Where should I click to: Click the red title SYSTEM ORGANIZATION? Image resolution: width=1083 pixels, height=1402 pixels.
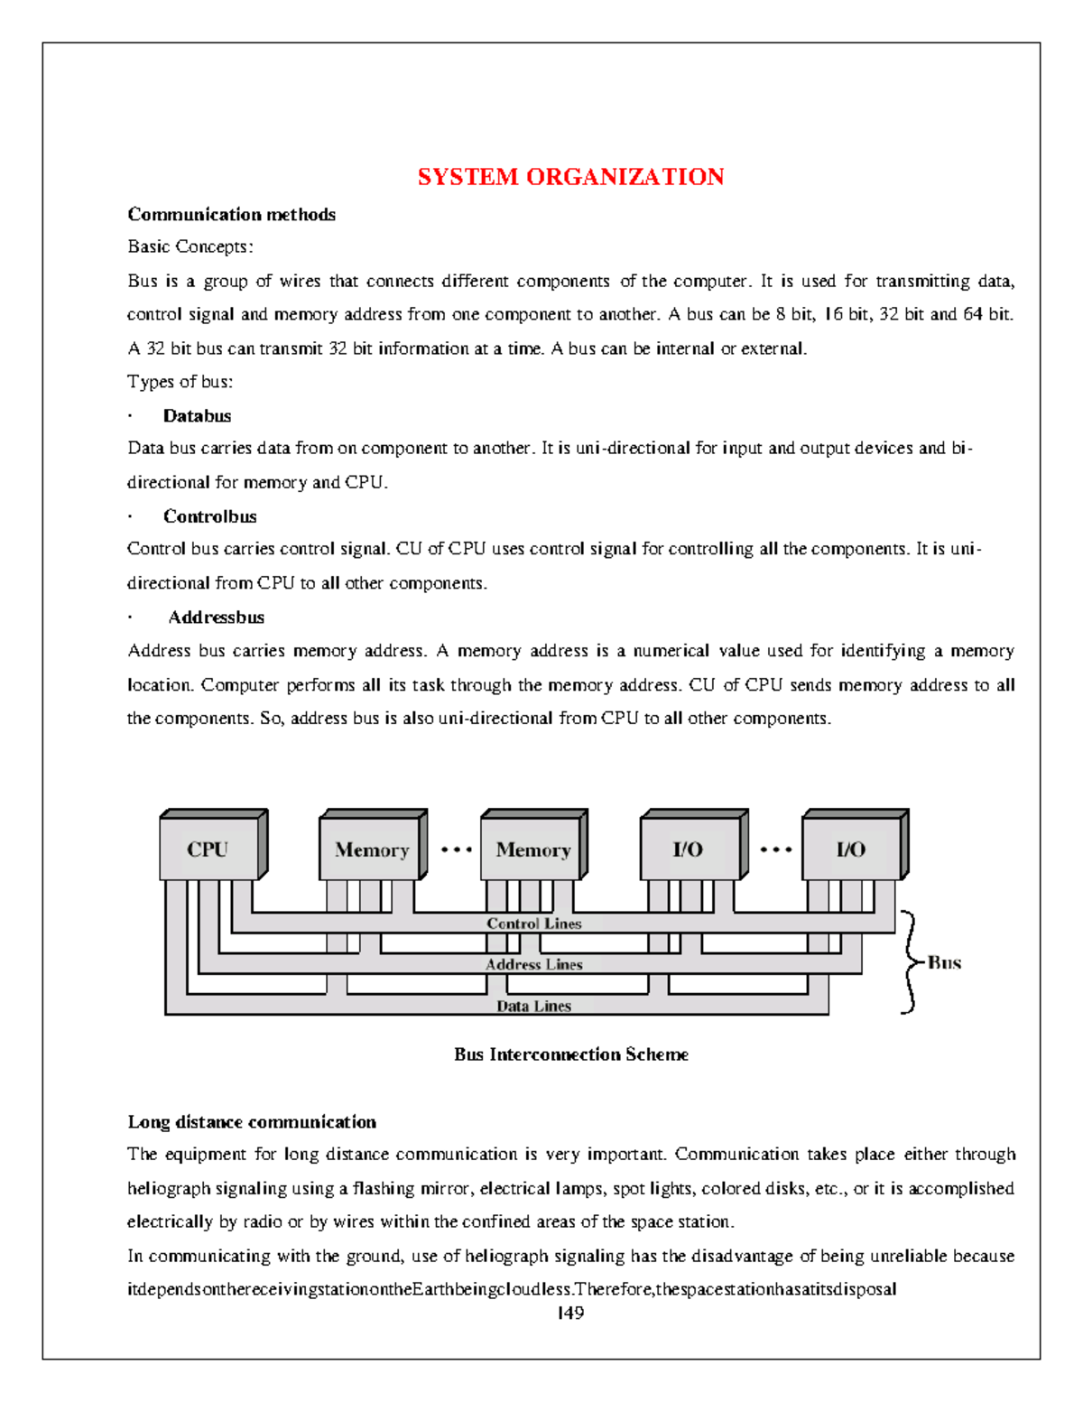click(x=570, y=177)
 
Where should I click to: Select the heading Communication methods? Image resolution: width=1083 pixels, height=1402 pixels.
click(x=231, y=215)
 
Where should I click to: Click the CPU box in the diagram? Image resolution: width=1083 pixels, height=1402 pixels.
click(x=208, y=849)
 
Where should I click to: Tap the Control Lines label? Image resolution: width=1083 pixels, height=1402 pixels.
click(x=533, y=924)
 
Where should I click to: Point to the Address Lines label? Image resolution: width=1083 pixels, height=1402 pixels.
click(x=533, y=964)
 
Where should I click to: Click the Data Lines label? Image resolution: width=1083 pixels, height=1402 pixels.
click(x=533, y=1006)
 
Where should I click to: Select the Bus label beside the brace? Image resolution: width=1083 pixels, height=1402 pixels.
click(x=944, y=962)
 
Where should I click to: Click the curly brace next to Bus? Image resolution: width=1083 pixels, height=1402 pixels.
click(x=910, y=962)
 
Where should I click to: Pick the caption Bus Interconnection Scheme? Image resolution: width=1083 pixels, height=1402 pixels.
click(x=570, y=1054)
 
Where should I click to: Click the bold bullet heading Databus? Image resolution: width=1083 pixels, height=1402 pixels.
click(x=197, y=416)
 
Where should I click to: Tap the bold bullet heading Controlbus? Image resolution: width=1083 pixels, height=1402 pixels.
click(x=209, y=517)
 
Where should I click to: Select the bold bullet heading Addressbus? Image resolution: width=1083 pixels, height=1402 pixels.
click(x=216, y=617)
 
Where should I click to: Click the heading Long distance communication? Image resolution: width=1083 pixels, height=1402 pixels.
click(x=252, y=1122)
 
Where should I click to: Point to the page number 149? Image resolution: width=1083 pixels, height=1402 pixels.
click(x=570, y=1314)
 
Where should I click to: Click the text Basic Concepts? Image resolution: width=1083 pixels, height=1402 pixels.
click(x=190, y=246)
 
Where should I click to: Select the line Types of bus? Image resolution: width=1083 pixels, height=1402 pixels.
click(x=180, y=382)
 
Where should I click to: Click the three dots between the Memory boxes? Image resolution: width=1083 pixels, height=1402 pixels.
click(x=456, y=850)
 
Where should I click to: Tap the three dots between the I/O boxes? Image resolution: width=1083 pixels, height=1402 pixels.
click(x=775, y=850)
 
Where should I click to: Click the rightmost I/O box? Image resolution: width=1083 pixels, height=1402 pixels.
click(x=851, y=849)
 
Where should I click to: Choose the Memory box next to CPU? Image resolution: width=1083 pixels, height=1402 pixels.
click(x=371, y=850)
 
